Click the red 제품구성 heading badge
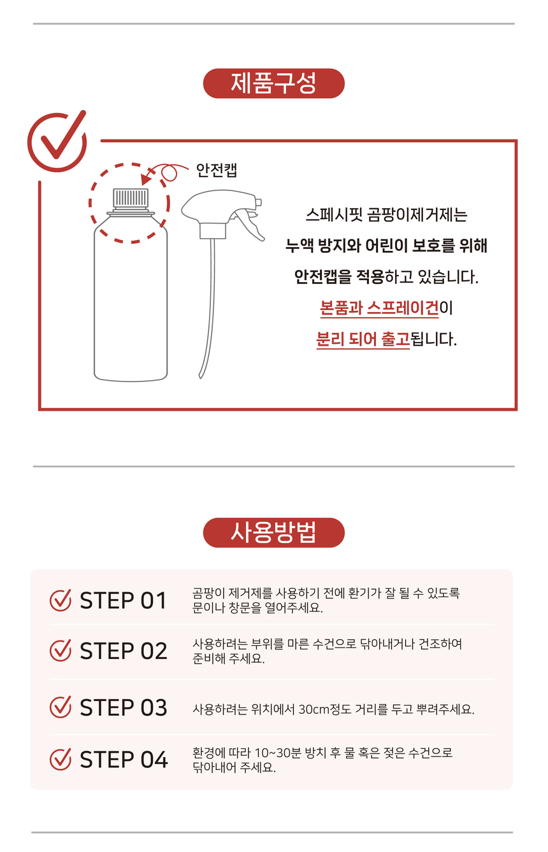273,83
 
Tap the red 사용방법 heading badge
273,532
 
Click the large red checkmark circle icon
57,141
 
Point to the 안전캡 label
217,169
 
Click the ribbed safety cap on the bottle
131,199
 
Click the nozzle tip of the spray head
259,202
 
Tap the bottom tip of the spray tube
201,376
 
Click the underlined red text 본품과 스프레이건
379,308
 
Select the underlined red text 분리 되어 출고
363,339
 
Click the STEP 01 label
123,600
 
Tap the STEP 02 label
124,651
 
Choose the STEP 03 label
124,707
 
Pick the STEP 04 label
124,760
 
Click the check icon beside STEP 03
61,707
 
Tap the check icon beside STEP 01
61,600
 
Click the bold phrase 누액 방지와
323,246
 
